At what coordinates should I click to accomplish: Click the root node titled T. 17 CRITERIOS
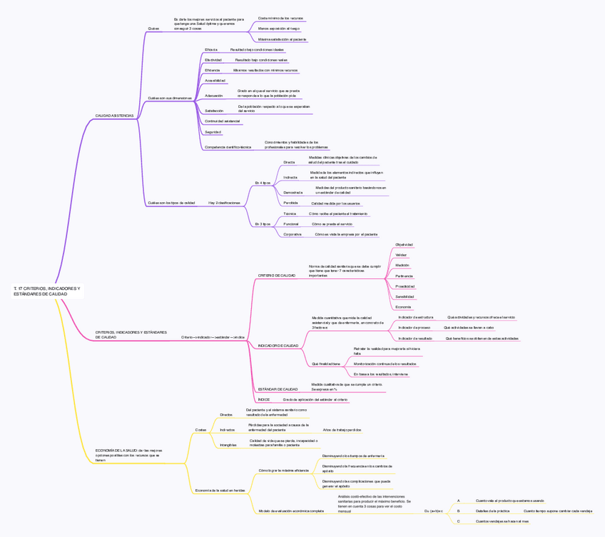pos(47,291)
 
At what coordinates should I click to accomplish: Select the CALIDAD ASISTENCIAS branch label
pos(114,115)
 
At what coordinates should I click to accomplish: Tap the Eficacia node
pos(211,50)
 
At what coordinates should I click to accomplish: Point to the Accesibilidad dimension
pos(215,81)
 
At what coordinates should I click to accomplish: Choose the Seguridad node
pos(213,132)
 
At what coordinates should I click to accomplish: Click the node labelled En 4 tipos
pos(263,183)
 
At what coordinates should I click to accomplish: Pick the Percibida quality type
pos(290,203)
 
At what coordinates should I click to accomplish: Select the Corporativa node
pos(292,234)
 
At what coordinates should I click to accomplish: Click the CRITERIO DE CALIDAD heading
pos(276,275)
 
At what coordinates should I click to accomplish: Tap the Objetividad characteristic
pos(404,244)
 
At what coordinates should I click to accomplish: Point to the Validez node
pos(401,255)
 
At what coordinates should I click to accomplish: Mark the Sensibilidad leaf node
pos(405,296)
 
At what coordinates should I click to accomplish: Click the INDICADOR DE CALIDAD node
pos(278,346)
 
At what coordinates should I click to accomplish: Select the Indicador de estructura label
pos(415,317)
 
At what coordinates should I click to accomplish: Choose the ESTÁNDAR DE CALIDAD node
pos(278,389)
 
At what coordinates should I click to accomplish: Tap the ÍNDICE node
pos(264,400)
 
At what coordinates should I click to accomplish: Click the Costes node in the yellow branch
pos(200,430)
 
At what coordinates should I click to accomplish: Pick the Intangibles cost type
pos(228,445)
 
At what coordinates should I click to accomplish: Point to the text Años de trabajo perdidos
pos(342,430)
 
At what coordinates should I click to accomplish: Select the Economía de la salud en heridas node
pos(220,491)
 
